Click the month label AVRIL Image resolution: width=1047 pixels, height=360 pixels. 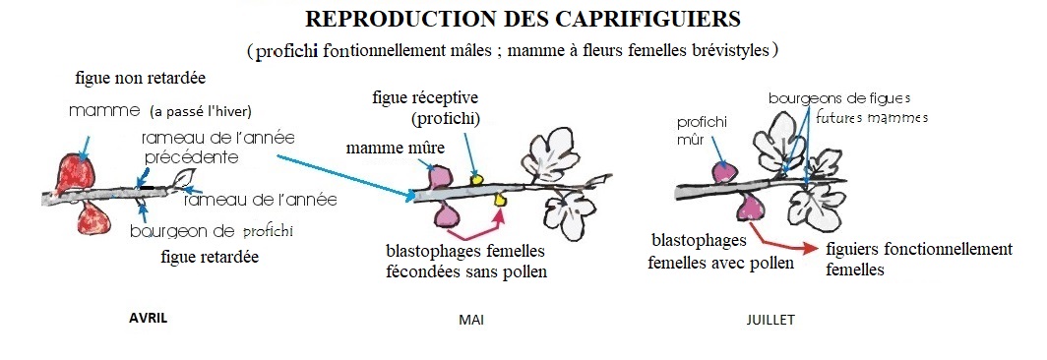(x=148, y=318)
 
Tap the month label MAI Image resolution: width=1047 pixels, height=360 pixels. (x=471, y=320)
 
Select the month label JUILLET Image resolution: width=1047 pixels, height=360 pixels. (x=770, y=320)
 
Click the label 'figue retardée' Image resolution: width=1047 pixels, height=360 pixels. (x=210, y=257)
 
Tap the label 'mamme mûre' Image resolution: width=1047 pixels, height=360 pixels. (x=395, y=149)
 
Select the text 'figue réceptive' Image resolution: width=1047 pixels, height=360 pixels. (x=425, y=98)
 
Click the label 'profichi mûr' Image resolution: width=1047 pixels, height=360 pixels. (x=702, y=132)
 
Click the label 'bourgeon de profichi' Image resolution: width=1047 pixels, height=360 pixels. (x=212, y=232)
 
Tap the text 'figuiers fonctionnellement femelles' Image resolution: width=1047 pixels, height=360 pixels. (x=919, y=259)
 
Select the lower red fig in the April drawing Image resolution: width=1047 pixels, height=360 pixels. (x=93, y=217)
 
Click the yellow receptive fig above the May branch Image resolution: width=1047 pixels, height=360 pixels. (x=476, y=178)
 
